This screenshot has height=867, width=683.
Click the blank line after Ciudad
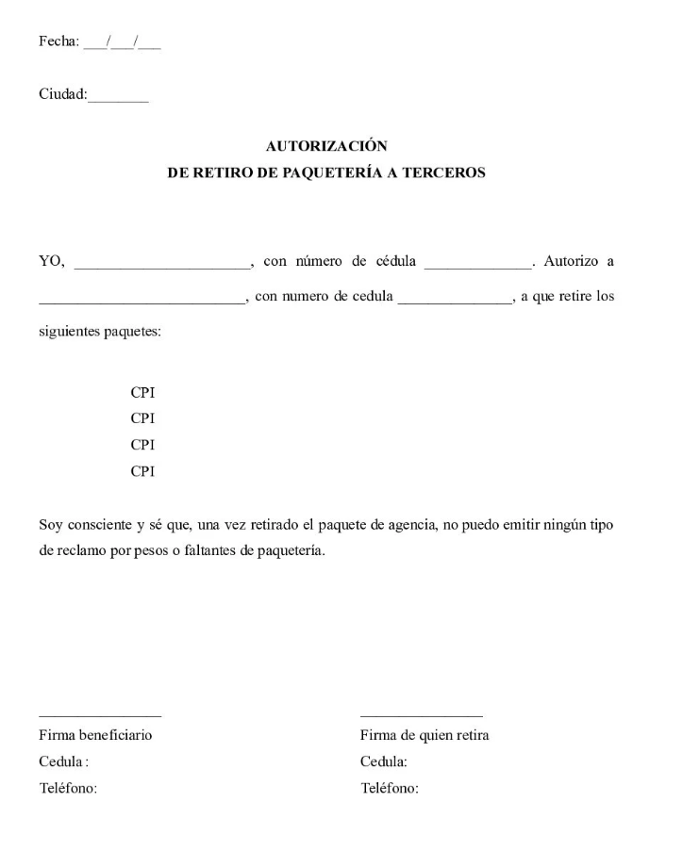(118, 97)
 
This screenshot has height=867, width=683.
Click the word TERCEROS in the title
(443, 173)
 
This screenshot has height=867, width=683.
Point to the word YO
(51, 261)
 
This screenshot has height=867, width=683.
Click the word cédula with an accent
(394, 261)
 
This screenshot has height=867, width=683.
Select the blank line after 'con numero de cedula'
(455, 301)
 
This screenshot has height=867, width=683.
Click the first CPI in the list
(142, 391)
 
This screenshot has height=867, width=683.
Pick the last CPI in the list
(142, 470)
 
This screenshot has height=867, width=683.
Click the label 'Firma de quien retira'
(425, 735)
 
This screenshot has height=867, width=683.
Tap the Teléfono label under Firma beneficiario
(68, 788)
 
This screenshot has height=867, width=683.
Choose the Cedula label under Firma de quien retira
(384, 761)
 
